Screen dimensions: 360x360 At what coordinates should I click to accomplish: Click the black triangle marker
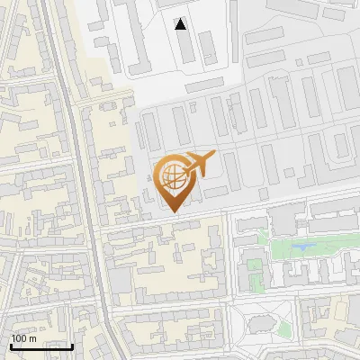(x=181, y=24)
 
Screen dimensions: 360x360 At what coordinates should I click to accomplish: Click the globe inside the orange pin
(x=172, y=177)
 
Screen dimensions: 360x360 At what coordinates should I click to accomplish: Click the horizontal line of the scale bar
(x=41, y=346)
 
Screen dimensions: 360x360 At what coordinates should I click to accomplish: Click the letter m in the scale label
(x=32, y=338)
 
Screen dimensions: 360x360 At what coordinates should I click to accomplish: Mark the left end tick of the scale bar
(x=11, y=345)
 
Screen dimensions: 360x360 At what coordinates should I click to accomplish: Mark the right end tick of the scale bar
(x=72, y=345)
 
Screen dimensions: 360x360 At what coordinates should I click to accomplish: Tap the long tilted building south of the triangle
(x=205, y=83)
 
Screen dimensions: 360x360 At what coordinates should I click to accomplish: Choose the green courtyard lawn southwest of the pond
(x=256, y=268)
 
